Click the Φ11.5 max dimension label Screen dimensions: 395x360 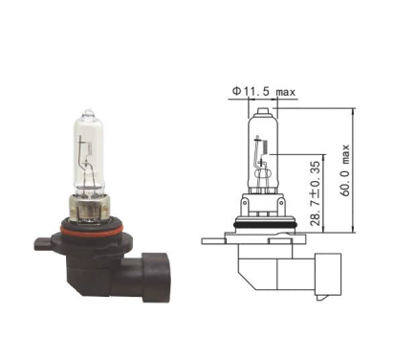click(x=264, y=92)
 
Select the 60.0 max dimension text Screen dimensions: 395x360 click(x=345, y=170)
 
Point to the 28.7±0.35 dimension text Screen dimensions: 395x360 click(x=315, y=193)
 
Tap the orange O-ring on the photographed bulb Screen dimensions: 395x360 click(x=92, y=231)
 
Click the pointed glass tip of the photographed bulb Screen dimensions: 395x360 click(x=90, y=111)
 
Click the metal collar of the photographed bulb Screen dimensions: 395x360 click(x=90, y=208)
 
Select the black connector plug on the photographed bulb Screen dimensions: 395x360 click(x=156, y=277)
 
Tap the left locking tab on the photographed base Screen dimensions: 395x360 click(x=42, y=243)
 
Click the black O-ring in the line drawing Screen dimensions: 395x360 click(x=266, y=225)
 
